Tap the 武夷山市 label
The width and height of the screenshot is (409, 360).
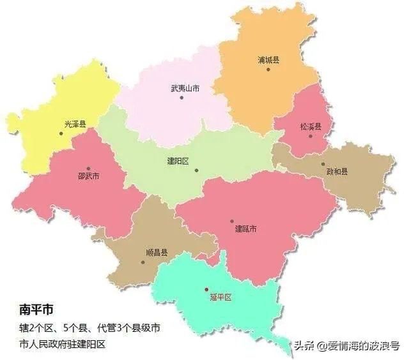pyautogui.click(x=185, y=89)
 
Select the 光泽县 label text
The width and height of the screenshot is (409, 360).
pyautogui.click(x=75, y=124)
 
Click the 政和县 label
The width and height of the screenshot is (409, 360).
pyautogui.click(x=337, y=171)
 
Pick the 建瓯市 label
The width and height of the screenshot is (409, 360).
pyautogui.click(x=245, y=229)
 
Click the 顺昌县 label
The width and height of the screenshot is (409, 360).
pyautogui.click(x=156, y=252)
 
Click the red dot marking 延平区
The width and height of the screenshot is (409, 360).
pyautogui.click(x=206, y=289)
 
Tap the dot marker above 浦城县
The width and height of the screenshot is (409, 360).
pyautogui.click(x=268, y=69)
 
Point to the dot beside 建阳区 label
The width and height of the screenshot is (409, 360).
pyautogui.click(x=197, y=170)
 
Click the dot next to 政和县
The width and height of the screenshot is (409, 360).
pyautogui.click(x=323, y=164)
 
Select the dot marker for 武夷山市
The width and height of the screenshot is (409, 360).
pyautogui.click(x=181, y=98)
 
